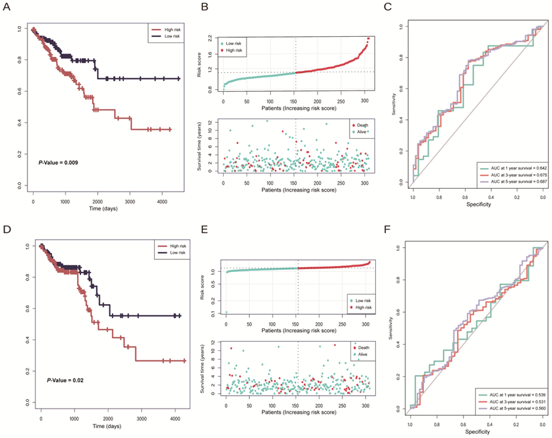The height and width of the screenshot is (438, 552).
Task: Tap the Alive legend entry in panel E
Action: coord(362,352)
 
